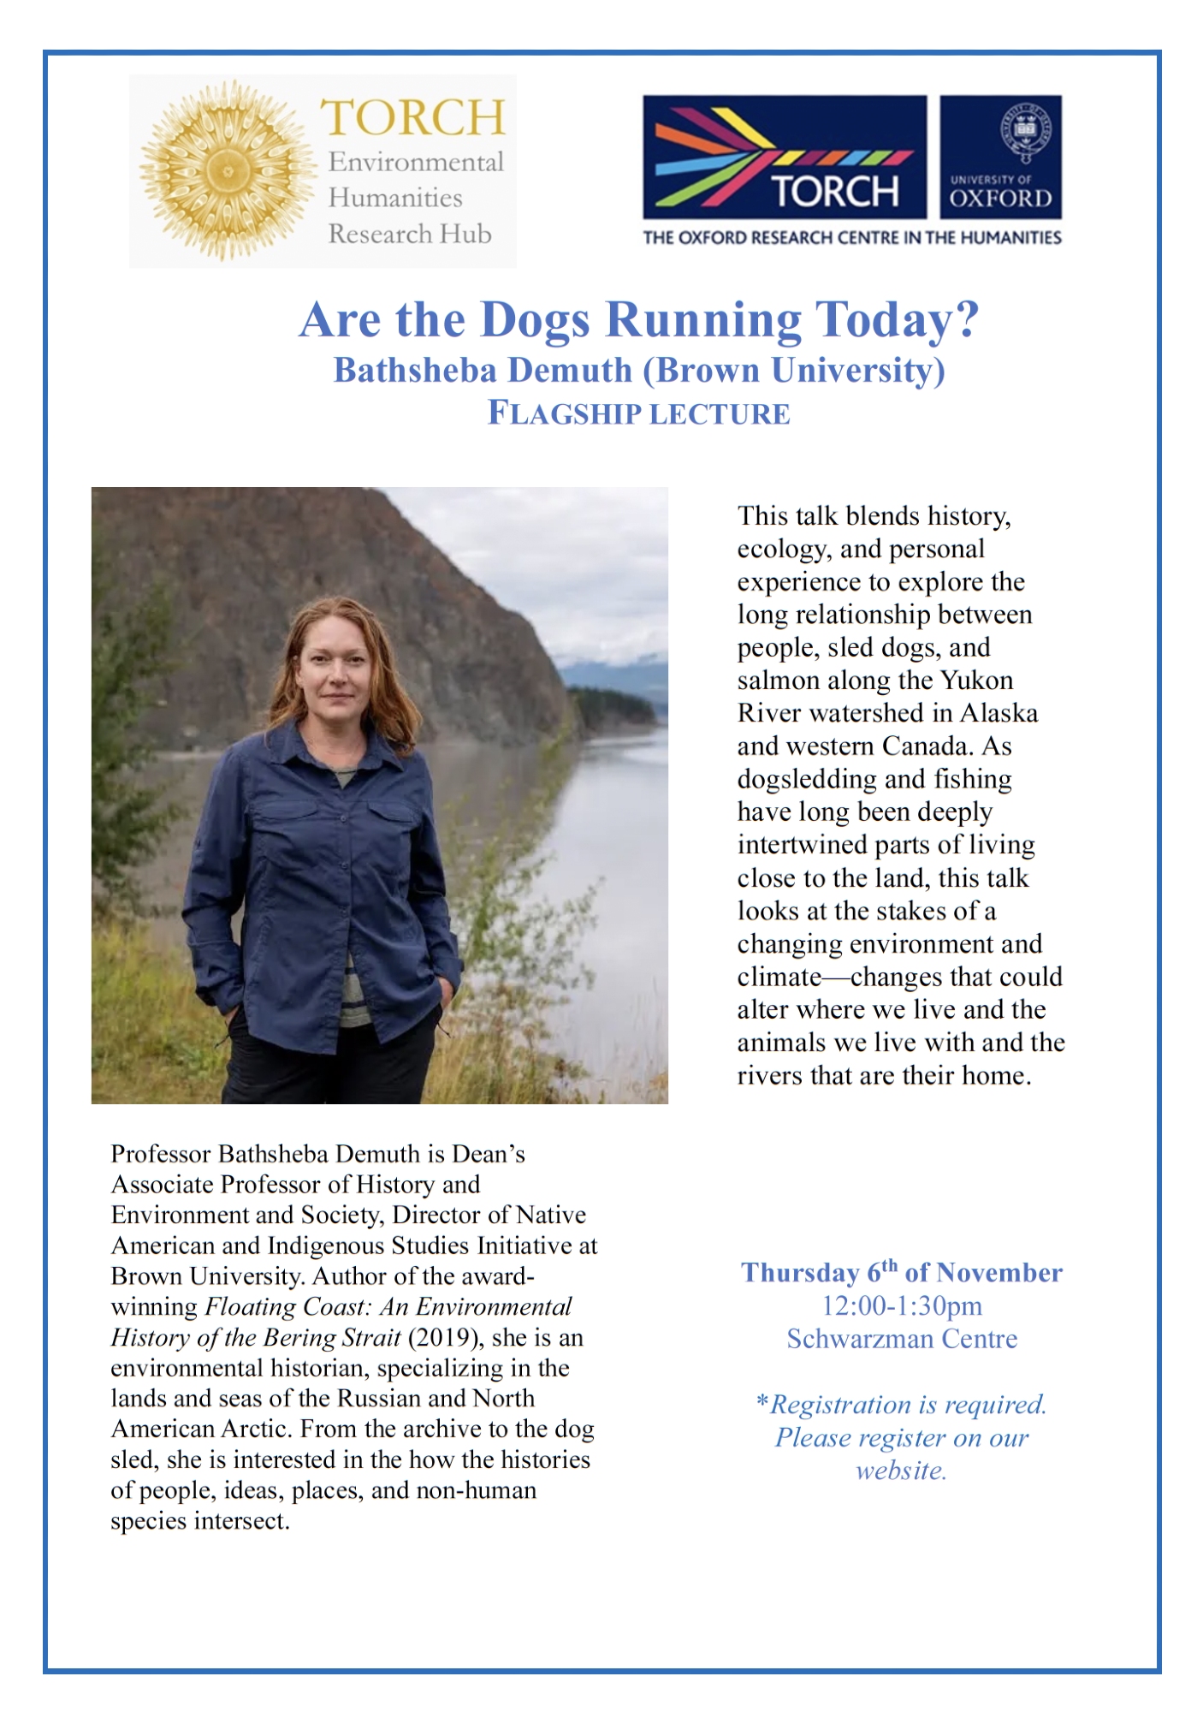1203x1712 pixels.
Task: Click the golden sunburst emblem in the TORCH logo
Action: pos(227,170)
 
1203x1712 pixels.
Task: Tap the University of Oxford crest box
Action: pos(1000,157)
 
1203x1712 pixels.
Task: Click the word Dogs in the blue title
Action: pos(535,320)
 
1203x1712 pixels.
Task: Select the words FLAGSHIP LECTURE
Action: pos(638,413)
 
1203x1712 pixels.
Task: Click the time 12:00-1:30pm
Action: pos(902,1306)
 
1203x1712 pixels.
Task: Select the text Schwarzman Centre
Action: pos(902,1339)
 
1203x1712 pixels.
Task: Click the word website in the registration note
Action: pos(900,1471)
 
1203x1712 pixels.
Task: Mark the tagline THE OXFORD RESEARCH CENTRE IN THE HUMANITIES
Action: pos(852,238)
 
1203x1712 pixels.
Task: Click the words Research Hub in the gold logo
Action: pos(410,234)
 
